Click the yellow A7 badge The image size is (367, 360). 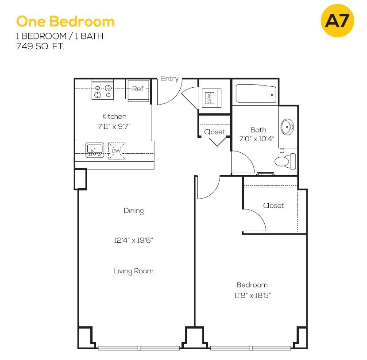(337, 21)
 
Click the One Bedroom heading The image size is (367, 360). (66, 22)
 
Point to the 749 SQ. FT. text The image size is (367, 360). (40, 46)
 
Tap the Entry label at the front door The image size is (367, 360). (170, 79)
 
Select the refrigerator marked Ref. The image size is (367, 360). (139, 91)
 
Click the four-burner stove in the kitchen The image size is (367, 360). (103, 89)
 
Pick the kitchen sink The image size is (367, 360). (95, 150)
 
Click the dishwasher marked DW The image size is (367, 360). (116, 151)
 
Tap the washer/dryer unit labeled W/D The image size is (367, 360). (211, 98)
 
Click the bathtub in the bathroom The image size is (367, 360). (256, 93)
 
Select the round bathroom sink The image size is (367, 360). (287, 127)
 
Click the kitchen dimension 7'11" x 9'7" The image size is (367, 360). (114, 126)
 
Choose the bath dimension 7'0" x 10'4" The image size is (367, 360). (257, 139)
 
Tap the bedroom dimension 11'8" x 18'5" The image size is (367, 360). (252, 295)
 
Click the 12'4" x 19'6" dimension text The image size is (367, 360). (133, 240)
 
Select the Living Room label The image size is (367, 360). (134, 271)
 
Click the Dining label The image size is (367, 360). (134, 211)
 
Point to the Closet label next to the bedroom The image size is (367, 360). (274, 205)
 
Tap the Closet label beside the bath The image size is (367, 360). (215, 132)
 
